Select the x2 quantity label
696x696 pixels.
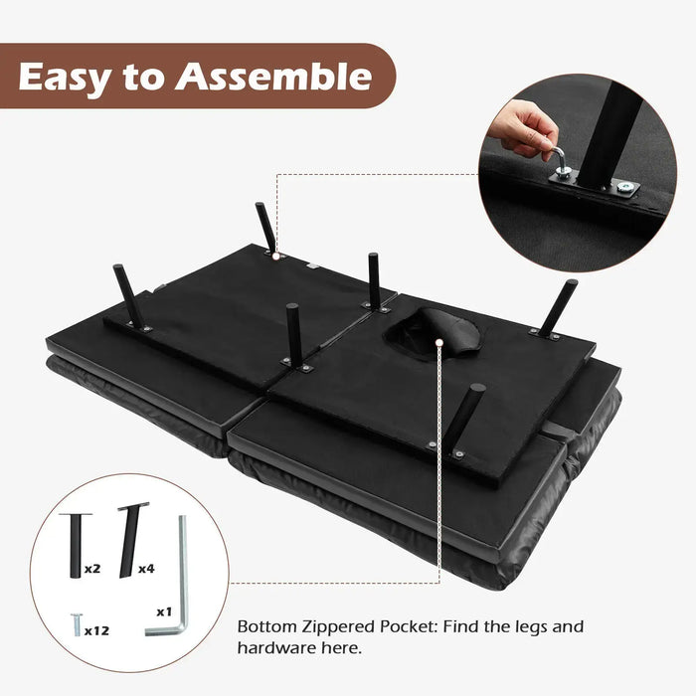tap(91, 569)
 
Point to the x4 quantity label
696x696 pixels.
tap(145, 569)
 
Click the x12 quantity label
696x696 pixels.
tap(97, 629)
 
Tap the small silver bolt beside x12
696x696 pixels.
tap(74, 624)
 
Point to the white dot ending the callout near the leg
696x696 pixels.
tap(275, 253)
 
